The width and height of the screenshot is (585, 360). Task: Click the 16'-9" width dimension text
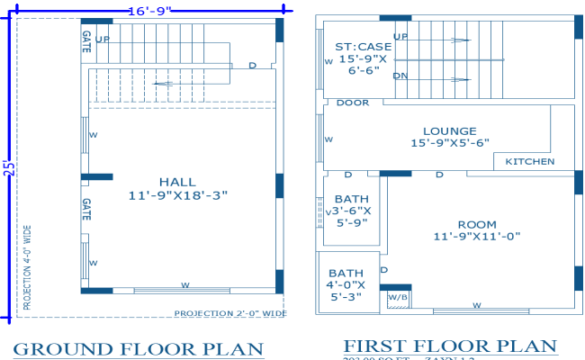[148, 11]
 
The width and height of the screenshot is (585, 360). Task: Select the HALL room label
[177, 181]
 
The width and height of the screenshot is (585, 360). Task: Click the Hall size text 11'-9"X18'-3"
[177, 194]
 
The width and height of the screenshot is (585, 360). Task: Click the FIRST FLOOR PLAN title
[449, 346]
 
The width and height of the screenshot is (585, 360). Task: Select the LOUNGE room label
[449, 130]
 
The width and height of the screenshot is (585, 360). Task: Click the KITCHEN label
[529, 162]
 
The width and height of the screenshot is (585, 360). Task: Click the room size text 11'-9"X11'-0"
[477, 236]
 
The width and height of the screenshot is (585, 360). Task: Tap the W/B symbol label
[397, 296]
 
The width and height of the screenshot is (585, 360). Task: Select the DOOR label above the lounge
[353, 103]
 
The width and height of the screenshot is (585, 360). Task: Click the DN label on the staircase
[400, 76]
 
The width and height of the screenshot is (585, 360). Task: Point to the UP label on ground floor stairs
[103, 40]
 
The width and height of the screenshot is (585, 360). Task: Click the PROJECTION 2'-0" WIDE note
[230, 314]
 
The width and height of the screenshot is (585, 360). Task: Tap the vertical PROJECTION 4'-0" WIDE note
[27, 268]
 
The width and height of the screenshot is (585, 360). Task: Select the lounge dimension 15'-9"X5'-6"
[449, 143]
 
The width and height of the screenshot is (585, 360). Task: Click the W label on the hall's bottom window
[185, 285]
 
